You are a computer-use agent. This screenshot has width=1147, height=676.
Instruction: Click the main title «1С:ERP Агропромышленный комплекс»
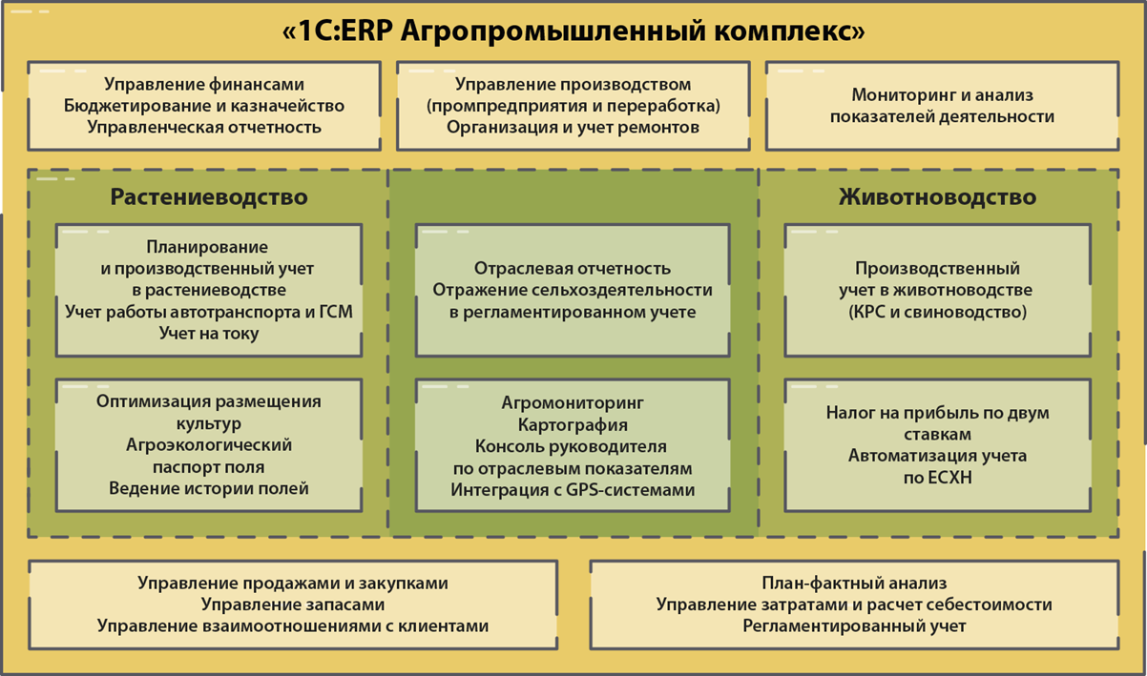coord(573,31)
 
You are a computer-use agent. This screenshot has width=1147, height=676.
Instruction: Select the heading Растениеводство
coord(209,197)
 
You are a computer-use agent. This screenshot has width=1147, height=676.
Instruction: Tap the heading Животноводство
coord(938,197)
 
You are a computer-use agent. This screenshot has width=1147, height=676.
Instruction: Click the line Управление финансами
coord(204,85)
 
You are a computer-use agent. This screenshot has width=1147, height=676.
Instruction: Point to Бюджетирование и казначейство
coord(204,106)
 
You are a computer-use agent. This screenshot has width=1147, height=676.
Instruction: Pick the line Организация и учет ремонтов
coord(573,128)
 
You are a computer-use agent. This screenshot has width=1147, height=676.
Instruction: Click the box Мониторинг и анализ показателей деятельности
coord(942,106)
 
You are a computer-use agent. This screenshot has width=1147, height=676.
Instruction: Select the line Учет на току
coord(209,334)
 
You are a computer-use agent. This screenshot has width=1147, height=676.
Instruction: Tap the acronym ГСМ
coord(336,312)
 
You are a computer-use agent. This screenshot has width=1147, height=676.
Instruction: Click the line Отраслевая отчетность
coord(573,268)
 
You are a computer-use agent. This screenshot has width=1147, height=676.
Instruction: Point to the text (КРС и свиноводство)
coord(938,312)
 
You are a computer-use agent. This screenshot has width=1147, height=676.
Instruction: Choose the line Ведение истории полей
coord(209,489)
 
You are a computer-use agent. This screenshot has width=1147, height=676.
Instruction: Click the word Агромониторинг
coord(573,403)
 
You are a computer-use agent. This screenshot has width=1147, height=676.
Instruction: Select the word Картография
coord(573,425)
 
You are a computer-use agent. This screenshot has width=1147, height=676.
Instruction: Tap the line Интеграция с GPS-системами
coord(573,490)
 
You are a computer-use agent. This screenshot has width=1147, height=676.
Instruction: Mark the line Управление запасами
coord(293,604)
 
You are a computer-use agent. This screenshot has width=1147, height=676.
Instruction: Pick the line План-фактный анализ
coord(854,584)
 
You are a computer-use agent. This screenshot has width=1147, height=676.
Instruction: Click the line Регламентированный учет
coord(854,626)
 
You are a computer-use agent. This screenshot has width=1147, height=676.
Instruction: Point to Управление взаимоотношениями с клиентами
coord(293,626)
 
